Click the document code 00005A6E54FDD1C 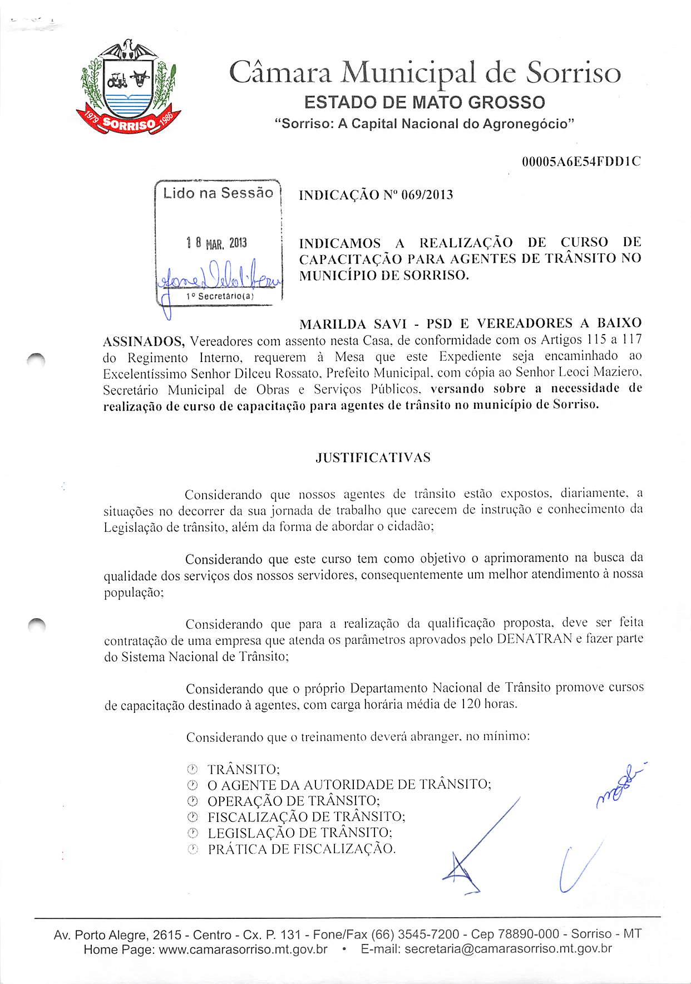pyautogui.click(x=581, y=162)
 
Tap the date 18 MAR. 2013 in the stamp pyautogui.click(x=216, y=243)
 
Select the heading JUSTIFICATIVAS pyautogui.click(x=373, y=458)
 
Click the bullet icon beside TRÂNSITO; pyautogui.click(x=192, y=770)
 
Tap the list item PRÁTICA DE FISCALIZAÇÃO pyautogui.click(x=302, y=849)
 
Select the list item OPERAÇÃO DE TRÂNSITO pyautogui.click(x=294, y=801)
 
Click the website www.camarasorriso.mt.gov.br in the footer pyautogui.click(x=243, y=949)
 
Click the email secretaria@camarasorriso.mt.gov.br pyautogui.click(x=509, y=949)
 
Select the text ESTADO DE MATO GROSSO pyautogui.click(x=425, y=102)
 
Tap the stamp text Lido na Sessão pyautogui.click(x=218, y=193)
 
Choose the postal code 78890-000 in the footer pyautogui.click(x=525, y=934)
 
